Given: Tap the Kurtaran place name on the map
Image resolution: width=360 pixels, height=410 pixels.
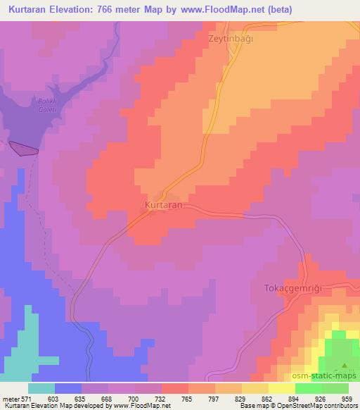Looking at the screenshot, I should (x=163, y=204).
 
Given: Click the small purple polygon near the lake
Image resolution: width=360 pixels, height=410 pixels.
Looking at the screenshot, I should (x=23, y=148).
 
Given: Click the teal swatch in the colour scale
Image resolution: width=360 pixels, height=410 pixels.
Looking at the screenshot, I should (x=41, y=388).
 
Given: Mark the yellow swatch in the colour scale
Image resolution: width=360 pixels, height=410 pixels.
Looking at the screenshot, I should (x=281, y=388).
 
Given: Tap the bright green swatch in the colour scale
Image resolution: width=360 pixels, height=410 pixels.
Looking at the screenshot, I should (x=308, y=388).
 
